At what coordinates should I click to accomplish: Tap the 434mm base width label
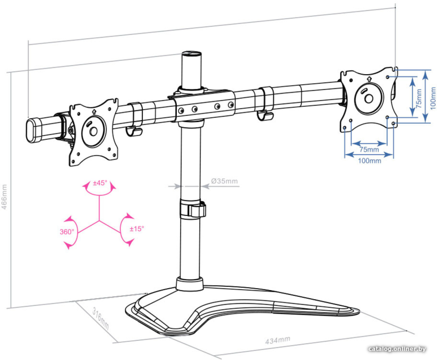click(278, 340)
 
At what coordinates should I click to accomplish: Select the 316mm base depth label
click(101, 318)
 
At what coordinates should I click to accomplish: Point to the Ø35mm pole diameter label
click(224, 181)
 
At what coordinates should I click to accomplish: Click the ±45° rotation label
click(100, 183)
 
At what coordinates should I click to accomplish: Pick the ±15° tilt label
click(137, 229)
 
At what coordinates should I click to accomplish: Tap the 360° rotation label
click(67, 232)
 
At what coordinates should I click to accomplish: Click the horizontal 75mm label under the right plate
click(369, 150)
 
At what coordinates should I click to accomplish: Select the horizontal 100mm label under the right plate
click(369, 161)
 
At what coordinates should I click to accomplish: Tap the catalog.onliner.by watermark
click(397, 349)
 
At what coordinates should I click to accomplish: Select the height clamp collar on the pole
click(193, 209)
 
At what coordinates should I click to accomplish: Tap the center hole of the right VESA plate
click(369, 98)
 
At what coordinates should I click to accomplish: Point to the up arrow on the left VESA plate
click(94, 112)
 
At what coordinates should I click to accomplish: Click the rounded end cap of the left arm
click(33, 130)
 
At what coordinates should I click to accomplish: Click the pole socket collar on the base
click(189, 284)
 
